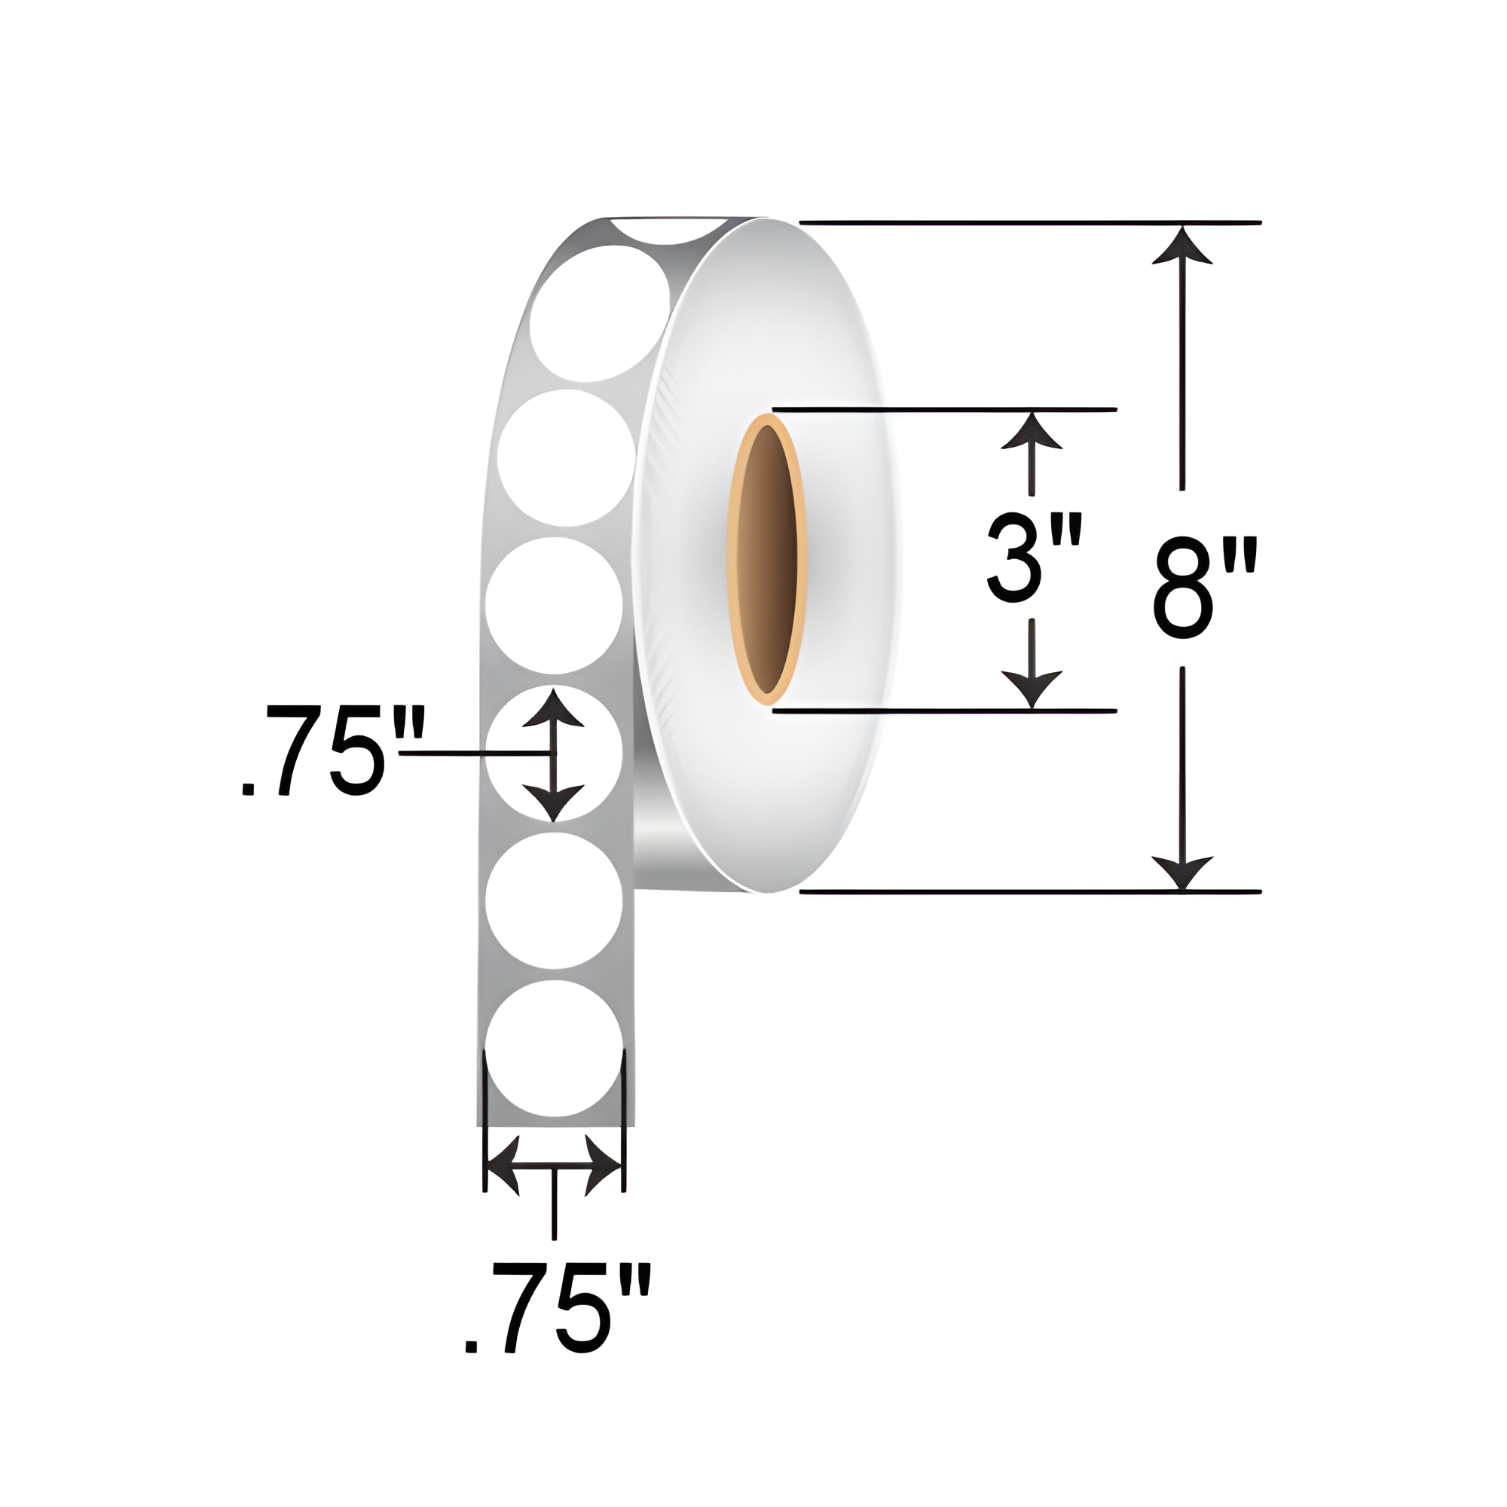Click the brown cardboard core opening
(x=767, y=559)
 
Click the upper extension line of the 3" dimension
(x=944, y=409)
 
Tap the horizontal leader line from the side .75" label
(x=468, y=754)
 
